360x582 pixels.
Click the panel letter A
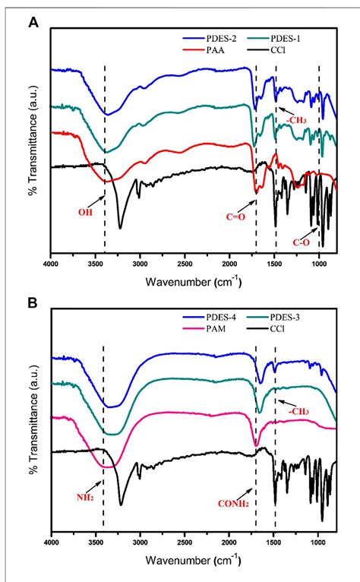33,23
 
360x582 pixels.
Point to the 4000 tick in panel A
51,264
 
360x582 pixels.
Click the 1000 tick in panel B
318,544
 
